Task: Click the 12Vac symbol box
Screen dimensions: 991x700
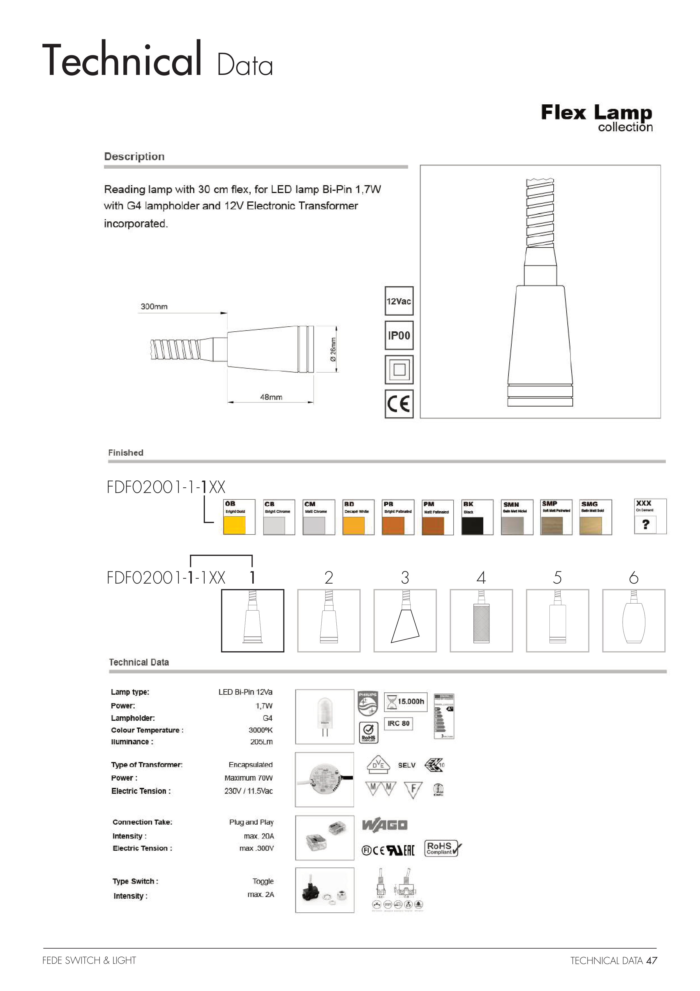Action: click(399, 301)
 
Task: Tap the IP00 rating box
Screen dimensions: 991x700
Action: click(399, 335)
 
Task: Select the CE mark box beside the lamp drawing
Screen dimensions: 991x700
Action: click(399, 404)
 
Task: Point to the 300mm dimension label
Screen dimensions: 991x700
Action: click(154, 306)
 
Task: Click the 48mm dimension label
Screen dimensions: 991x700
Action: click(271, 397)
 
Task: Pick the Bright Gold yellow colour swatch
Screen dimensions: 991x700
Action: click(235, 525)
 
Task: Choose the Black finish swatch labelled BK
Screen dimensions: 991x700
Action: click(473, 525)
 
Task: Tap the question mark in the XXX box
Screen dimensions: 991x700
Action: click(645, 524)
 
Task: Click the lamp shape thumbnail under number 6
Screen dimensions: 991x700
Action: click(633, 620)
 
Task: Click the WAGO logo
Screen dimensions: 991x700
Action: click(385, 825)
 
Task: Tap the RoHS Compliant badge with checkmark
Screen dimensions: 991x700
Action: click(443, 848)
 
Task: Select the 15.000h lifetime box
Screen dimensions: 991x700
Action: click(405, 701)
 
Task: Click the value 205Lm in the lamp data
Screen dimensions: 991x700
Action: click(261, 742)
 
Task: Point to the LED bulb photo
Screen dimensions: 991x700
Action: click(324, 717)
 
